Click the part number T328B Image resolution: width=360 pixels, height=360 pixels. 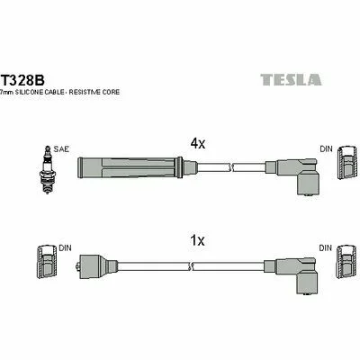22,80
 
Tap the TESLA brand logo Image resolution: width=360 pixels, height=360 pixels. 291,79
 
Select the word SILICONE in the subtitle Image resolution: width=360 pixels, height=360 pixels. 30,92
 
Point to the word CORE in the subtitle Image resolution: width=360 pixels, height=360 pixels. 111,92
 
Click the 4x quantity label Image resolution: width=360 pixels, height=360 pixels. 198,144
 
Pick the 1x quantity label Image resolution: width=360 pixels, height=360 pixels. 198,240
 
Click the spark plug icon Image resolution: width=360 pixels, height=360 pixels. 47,170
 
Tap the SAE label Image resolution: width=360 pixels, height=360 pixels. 61,149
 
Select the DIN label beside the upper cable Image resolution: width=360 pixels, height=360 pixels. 327,148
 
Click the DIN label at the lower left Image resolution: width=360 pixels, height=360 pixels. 65,248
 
